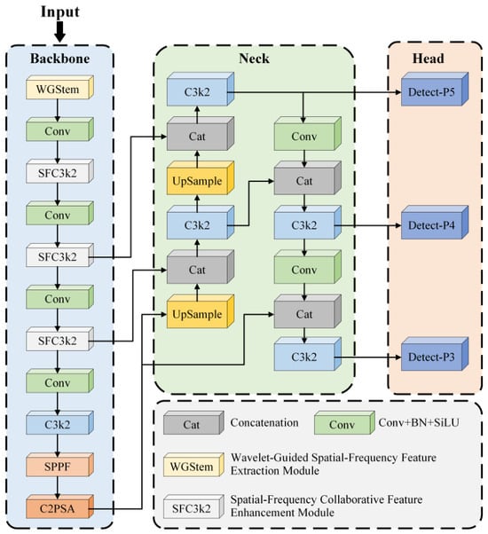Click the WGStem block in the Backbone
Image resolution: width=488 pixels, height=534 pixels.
point(59,88)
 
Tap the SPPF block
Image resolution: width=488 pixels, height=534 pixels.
point(59,465)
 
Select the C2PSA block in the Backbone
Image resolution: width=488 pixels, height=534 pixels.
point(59,507)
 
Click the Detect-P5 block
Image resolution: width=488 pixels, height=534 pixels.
point(435,89)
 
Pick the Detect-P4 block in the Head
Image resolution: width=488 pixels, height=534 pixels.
point(435,223)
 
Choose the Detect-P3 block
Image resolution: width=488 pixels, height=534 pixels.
point(435,354)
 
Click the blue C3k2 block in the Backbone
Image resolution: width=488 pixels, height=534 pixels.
point(59,422)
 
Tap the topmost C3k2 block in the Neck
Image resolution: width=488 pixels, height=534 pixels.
point(201,89)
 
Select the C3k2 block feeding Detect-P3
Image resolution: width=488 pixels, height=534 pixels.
point(308,354)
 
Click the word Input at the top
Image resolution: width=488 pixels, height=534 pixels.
point(60,12)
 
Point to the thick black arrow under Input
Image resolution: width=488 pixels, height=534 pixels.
point(60,32)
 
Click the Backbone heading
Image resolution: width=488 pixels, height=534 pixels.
point(60,59)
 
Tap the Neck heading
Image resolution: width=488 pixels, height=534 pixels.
point(254,59)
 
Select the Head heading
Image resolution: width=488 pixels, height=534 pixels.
point(428,59)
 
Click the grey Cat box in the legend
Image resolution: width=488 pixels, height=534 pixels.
point(193,422)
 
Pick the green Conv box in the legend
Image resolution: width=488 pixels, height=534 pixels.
point(344,422)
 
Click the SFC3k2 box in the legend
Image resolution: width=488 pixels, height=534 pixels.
point(193,507)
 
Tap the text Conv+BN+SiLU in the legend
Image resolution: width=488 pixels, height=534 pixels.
point(419,422)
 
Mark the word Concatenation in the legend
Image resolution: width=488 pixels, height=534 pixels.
point(264,422)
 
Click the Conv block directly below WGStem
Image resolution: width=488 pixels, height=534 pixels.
point(59,130)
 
